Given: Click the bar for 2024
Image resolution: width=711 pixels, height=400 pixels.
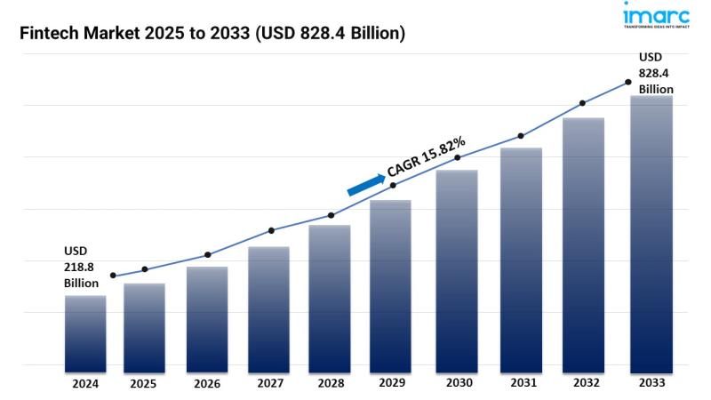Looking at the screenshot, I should pyautogui.click(x=85, y=331).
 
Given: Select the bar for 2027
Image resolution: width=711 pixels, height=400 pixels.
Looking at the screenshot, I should pyautogui.click(x=268, y=307).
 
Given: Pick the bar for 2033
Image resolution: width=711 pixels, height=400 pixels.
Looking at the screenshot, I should pyautogui.click(x=651, y=231).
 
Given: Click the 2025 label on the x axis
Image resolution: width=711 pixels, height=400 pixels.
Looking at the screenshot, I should pyautogui.click(x=143, y=384).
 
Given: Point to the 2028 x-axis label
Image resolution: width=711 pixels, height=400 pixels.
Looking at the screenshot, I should pyautogui.click(x=331, y=384).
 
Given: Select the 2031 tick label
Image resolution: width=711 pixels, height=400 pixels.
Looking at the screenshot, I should pyautogui.click(x=521, y=384).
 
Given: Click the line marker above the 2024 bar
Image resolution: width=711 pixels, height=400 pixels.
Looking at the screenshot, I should pyautogui.click(x=113, y=276).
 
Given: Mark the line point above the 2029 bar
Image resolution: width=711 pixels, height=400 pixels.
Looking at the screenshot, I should pyautogui.click(x=393, y=185).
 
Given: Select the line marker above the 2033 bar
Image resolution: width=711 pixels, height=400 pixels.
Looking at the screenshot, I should pyautogui.click(x=628, y=82).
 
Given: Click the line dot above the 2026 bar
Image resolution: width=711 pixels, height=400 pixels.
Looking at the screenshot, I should pyautogui.click(x=208, y=255).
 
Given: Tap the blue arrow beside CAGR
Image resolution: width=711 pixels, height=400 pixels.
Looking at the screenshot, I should pyautogui.click(x=364, y=182).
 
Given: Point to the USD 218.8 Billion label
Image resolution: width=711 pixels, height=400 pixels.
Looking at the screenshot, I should pyautogui.click(x=81, y=267).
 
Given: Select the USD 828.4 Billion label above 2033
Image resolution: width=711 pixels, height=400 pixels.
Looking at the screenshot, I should pyautogui.click(x=654, y=74).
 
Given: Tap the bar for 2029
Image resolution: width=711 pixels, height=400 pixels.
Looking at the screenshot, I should pyautogui.click(x=390, y=284).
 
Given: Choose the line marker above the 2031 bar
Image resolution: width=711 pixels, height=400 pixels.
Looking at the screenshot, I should pyautogui.click(x=521, y=136).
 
